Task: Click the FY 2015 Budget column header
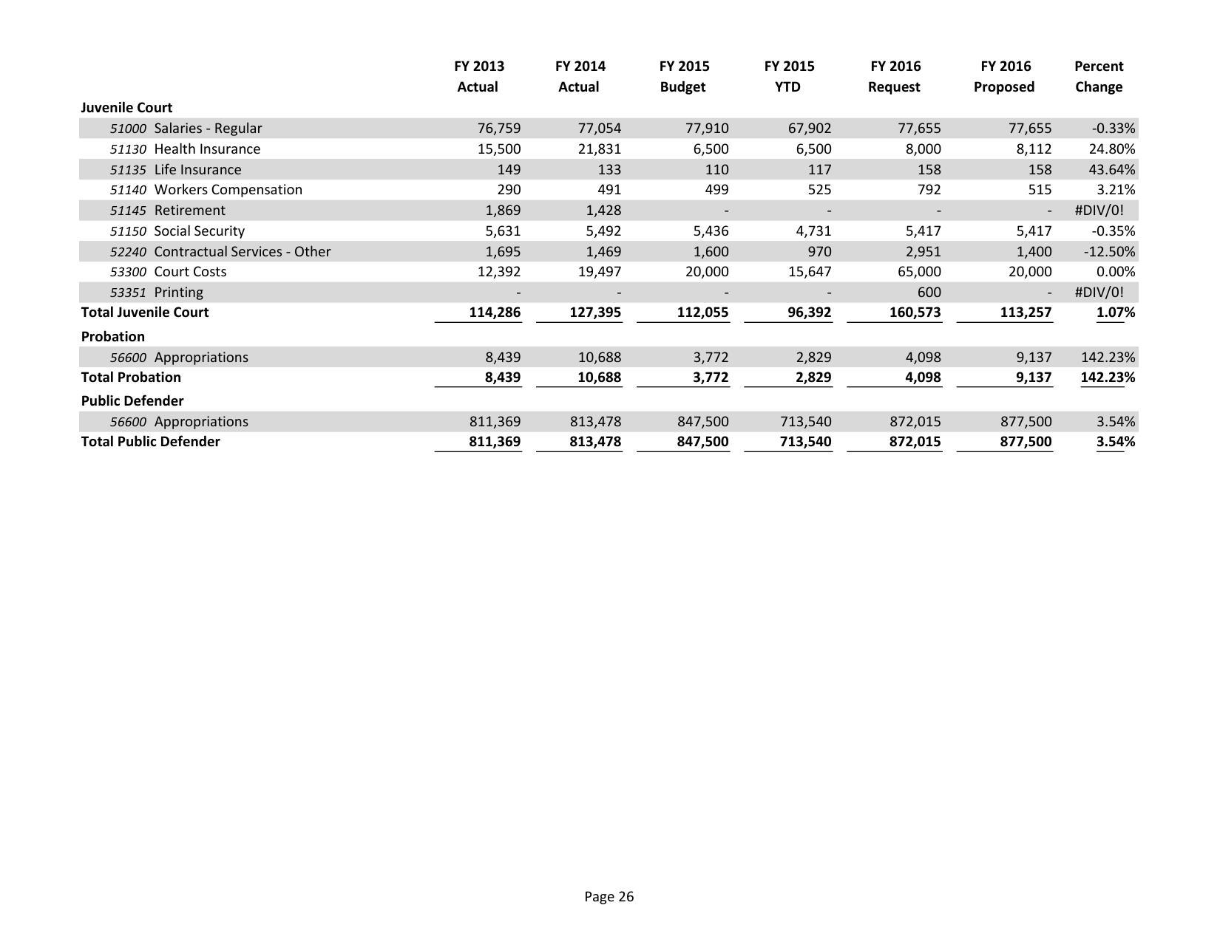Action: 683,76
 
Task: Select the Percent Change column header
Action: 1098,76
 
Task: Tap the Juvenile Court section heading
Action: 126,108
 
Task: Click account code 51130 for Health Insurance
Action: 128,149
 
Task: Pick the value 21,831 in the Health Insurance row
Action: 599,149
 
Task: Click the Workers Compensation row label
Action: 228,190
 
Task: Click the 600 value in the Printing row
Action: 929,293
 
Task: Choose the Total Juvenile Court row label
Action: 145,313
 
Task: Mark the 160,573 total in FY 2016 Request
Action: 915,313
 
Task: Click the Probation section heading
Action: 112,337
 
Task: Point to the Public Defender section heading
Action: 132,401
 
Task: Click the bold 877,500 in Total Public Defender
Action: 1026,442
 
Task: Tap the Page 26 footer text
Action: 609,897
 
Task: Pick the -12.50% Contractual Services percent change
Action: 1109,252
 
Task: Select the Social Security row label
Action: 199,231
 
